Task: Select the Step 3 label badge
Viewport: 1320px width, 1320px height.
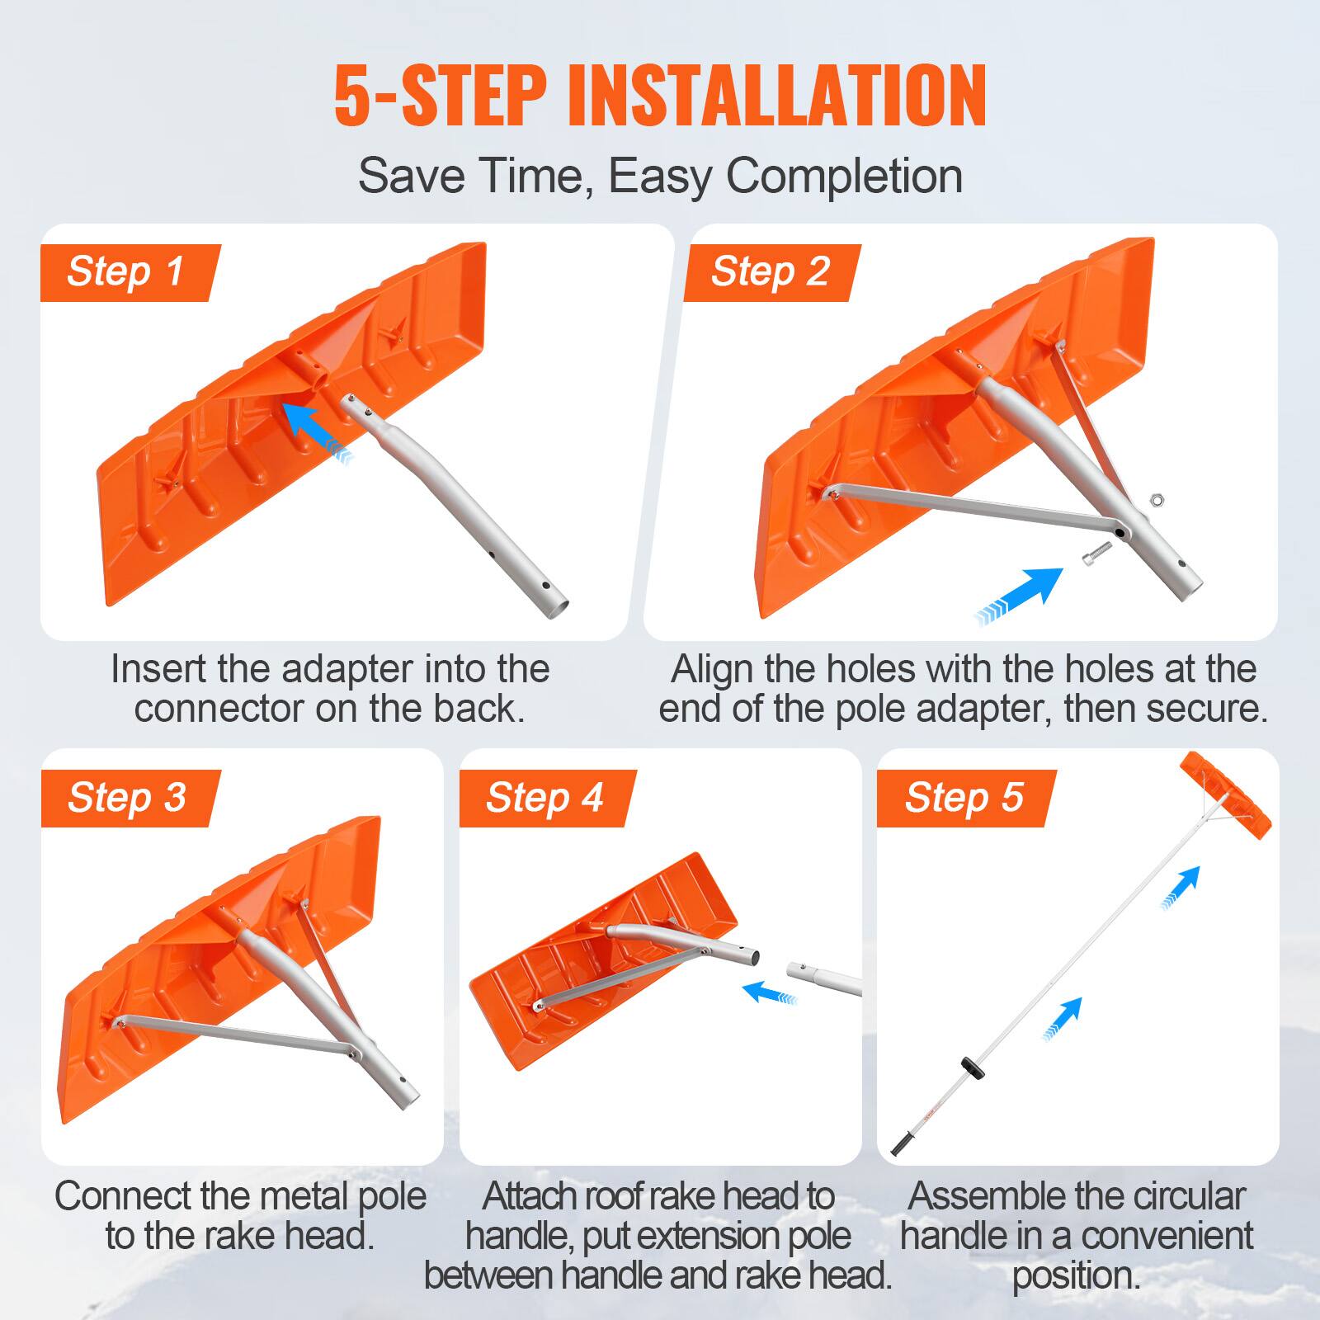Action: coord(127,798)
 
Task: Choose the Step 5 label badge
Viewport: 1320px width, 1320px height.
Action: coord(964,798)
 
